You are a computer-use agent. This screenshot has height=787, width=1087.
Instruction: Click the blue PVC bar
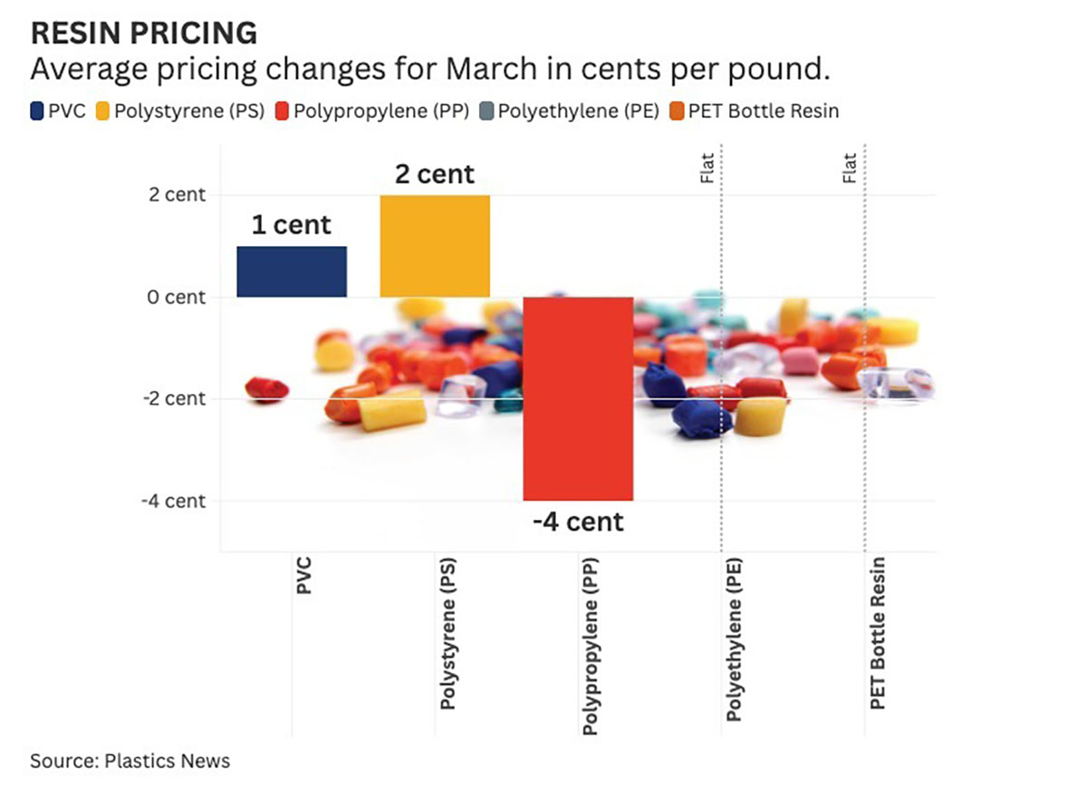[x=291, y=272]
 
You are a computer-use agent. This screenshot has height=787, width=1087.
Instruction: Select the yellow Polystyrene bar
[x=435, y=246]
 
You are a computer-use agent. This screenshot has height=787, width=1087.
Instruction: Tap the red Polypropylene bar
[x=578, y=398]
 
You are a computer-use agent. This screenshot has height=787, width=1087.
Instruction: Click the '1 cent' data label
[x=291, y=225]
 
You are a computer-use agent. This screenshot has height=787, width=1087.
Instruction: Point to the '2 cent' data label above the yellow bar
[x=435, y=174]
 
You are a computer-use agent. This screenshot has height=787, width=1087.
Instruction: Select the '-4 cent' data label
[x=578, y=522]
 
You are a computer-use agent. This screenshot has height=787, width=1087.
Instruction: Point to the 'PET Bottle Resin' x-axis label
[x=877, y=633]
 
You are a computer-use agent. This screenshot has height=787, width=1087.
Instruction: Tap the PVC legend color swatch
[x=37, y=111]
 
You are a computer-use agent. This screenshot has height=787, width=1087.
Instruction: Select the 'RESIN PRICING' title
[x=144, y=34]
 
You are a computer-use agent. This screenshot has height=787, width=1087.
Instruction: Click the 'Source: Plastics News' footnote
[x=130, y=760]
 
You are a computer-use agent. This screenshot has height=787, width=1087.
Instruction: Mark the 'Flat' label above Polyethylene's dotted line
[x=707, y=168]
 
